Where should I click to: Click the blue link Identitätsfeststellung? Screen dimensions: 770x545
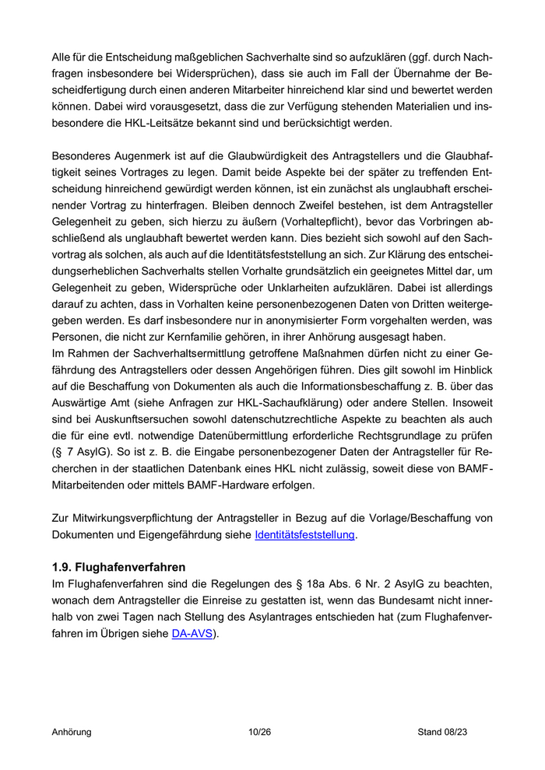(305, 535)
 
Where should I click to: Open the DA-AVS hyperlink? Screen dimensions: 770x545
(191, 633)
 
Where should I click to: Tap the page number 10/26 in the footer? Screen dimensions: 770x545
(259, 732)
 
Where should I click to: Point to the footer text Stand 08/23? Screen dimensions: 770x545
(442, 732)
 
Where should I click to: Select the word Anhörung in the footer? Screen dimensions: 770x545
(72, 732)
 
